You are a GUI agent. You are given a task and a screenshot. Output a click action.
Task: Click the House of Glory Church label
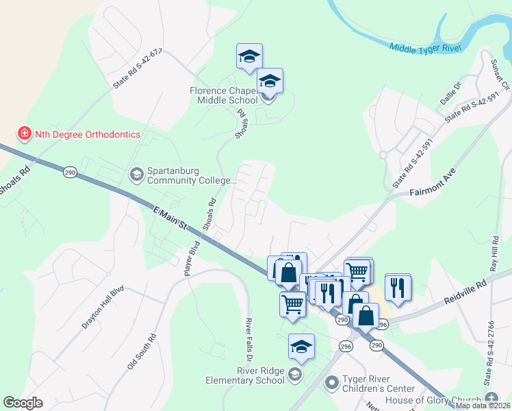click(x=434, y=401)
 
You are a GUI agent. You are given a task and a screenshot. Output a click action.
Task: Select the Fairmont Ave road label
click(x=433, y=183)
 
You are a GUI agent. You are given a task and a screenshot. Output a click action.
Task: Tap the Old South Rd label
click(x=142, y=352)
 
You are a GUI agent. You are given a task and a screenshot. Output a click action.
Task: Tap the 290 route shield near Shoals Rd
click(x=69, y=171)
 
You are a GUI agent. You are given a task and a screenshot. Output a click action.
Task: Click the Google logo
click(x=23, y=403)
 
